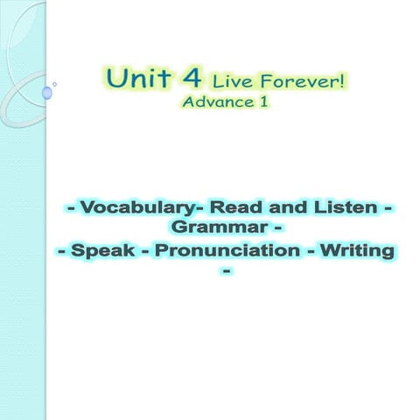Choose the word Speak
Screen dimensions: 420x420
pos(108,252)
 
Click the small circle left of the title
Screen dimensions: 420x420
pos(55,84)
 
